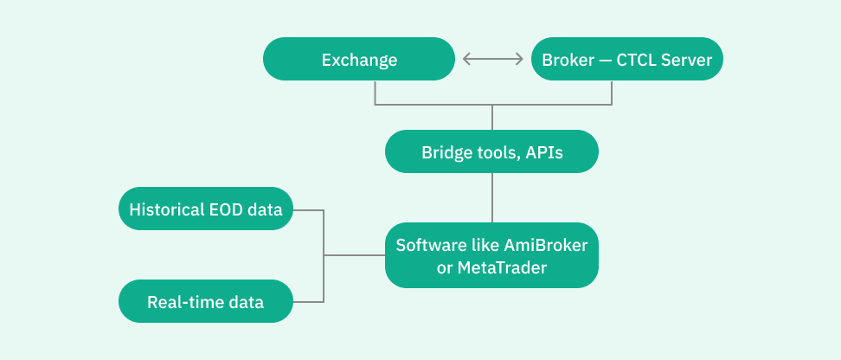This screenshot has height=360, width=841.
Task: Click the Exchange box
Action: pos(359,60)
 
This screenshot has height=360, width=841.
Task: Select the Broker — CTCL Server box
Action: pos(626,60)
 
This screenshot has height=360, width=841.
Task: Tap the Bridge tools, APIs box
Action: pos(491,152)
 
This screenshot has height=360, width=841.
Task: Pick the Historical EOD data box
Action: pos(206,209)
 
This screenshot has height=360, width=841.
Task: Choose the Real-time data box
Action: pos(206,302)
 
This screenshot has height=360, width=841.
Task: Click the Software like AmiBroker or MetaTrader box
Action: pos(491,256)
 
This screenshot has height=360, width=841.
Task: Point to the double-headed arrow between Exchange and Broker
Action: pos(493,60)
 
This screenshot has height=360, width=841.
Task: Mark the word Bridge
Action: pos(445,153)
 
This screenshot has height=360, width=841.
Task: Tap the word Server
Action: pos(685,61)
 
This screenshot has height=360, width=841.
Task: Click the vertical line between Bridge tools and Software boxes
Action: pos(492,198)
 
